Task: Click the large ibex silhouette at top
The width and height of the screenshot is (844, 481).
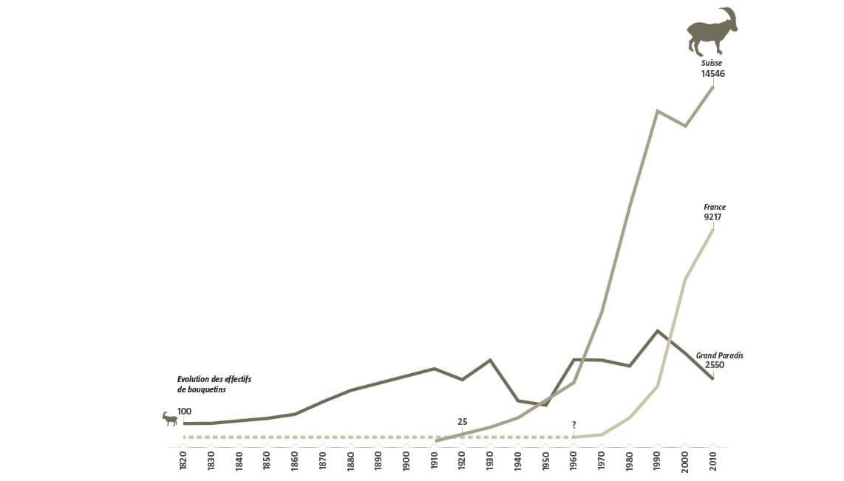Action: [711, 33]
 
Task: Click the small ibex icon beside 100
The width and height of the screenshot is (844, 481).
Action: [170, 419]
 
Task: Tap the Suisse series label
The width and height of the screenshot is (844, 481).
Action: [712, 64]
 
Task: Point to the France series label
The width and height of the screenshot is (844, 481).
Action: [715, 208]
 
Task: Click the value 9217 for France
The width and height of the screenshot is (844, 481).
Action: [712, 218]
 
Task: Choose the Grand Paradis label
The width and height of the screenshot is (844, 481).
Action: [719, 355]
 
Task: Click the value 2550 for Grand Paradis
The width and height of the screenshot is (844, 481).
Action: [714, 366]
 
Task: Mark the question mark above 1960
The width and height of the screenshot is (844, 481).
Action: [574, 425]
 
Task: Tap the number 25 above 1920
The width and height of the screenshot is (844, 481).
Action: [463, 422]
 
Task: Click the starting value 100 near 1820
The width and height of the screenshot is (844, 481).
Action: [184, 411]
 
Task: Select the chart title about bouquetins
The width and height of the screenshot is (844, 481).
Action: [214, 384]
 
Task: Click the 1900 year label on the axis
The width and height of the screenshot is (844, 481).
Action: [406, 462]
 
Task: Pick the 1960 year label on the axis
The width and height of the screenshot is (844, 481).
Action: [574, 462]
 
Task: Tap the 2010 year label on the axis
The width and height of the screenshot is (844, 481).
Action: [713, 462]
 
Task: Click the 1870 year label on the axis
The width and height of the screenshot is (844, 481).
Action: [322, 462]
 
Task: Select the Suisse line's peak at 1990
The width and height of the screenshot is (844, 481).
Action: [657, 111]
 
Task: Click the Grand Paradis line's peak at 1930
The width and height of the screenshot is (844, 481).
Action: [490, 360]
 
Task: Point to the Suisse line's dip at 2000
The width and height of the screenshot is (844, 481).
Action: [685, 126]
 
